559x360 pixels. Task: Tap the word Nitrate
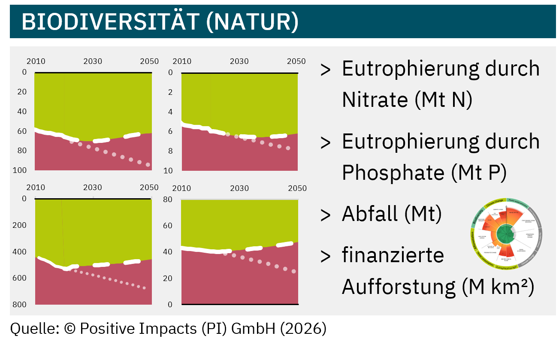[375, 100]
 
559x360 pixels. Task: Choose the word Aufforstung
[398, 287]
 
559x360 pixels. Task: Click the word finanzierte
[393, 255]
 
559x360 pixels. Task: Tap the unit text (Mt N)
[444, 100]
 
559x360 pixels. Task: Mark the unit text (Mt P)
[479, 172]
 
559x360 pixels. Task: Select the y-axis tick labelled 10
[168, 170]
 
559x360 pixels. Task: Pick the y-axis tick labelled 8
[170, 151]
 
